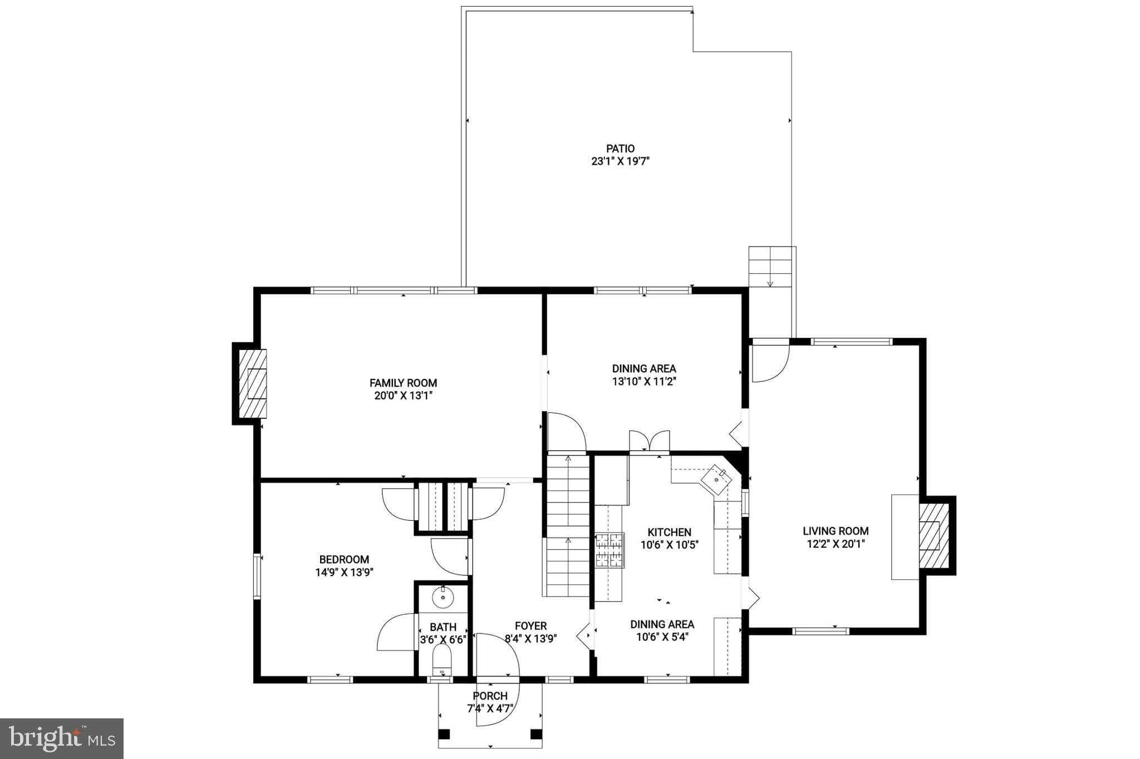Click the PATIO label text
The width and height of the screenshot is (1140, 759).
(x=620, y=149)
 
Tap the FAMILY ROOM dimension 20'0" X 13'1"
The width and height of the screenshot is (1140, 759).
(x=403, y=396)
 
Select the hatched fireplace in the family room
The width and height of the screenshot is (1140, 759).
(x=253, y=383)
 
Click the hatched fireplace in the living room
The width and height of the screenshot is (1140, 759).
(x=933, y=535)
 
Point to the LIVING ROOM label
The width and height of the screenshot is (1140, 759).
(x=835, y=531)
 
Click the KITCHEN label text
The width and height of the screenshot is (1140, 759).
(x=669, y=533)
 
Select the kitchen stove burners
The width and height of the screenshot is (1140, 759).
(x=610, y=550)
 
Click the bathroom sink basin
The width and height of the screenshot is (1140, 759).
(x=443, y=597)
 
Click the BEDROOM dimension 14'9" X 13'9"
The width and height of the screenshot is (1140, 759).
(x=344, y=572)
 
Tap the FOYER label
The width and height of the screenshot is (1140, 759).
(x=530, y=626)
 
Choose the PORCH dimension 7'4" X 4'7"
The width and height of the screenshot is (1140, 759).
(x=490, y=708)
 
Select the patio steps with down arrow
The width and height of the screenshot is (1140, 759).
(x=770, y=267)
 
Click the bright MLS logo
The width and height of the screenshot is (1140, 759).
(x=62, y=738)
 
